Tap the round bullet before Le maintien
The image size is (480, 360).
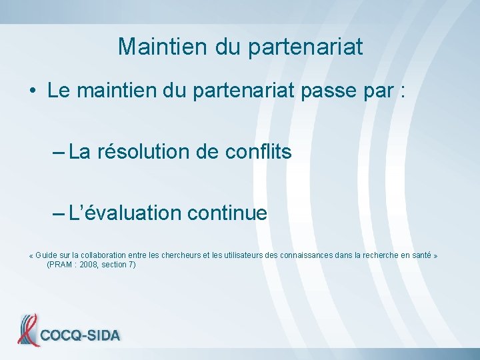(x=33, y=91)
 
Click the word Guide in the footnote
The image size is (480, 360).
(x=47, y=256)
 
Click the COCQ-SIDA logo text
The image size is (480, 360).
(x=80, y=335)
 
